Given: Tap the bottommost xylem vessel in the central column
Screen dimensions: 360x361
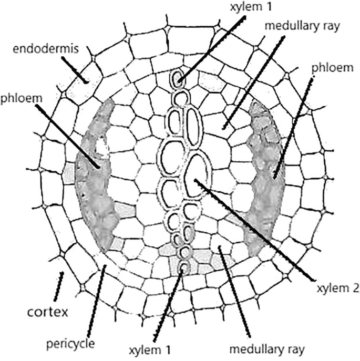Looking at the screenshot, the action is point(183,267).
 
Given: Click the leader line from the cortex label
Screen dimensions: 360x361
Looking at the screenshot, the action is point(57,286).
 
